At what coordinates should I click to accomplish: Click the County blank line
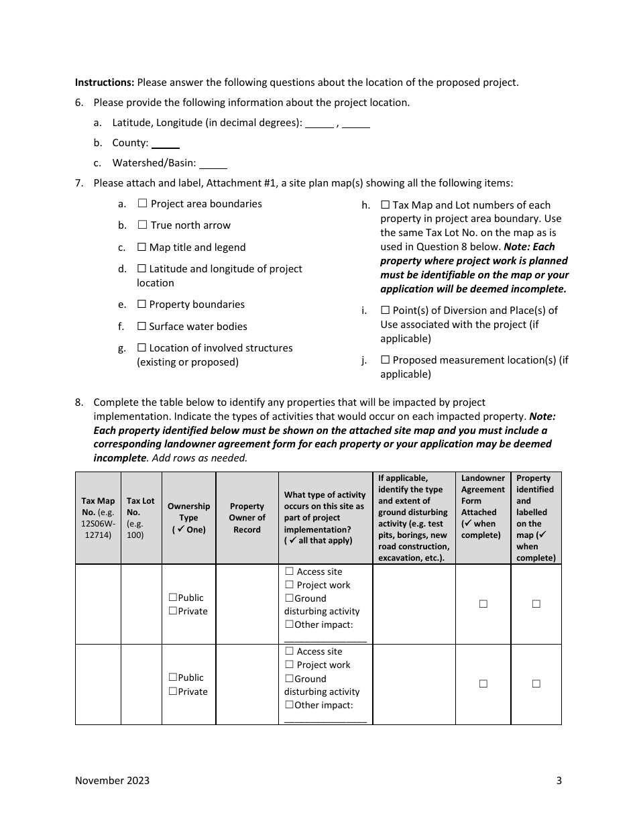[x=165, y=144]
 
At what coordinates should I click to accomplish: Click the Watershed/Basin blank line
[x=213, y=164]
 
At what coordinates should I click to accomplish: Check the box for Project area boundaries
[x=142, y=204]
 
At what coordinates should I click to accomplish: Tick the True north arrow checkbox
[x=142, y=225]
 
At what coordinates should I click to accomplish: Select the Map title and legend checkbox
[x=141, y=248]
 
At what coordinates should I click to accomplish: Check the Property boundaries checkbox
[x=141, y=305]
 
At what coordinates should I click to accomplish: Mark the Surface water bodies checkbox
[x=141, y=327]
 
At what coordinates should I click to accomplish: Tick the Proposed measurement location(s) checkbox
[x=385, y=360]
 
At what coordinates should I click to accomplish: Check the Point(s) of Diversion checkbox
[x=385, y=311]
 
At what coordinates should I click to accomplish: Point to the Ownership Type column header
[x=188, y=518]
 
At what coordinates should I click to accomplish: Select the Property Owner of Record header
[x=247, y=518]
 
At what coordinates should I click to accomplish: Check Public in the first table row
[x=173, y=598]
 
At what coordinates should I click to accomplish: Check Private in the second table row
[x=173, y=692]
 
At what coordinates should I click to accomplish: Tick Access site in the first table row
[x=290, y=571]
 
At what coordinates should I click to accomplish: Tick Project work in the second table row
[x=290, y=665]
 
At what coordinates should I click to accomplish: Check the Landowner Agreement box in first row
[x=483, y=604]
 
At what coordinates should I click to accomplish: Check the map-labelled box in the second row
[x=536, y=684]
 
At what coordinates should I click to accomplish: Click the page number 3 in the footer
[x=559, y=781]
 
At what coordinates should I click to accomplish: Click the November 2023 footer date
[x=112, y=781]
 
